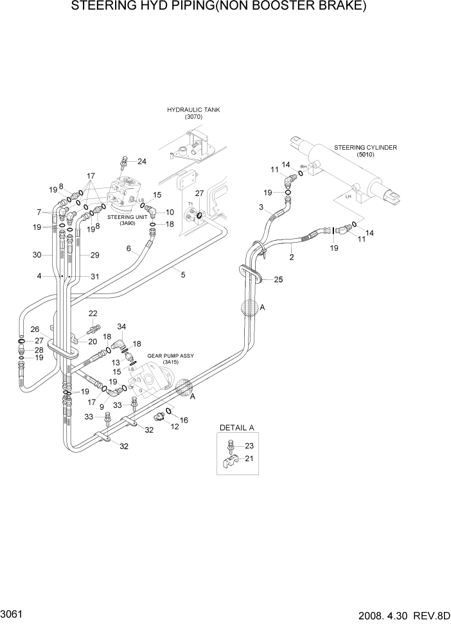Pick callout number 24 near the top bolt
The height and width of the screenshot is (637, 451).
point(142,161)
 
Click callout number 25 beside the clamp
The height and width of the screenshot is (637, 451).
point(278,279)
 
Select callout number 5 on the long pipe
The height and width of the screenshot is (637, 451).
point(183,275)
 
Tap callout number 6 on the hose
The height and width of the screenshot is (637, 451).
point(128,249)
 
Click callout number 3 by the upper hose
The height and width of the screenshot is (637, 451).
point(261,207)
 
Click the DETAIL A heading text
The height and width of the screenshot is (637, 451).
point(237,428)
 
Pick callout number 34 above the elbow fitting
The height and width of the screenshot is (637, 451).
point(122,326)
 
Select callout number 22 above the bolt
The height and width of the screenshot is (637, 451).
point(93,313)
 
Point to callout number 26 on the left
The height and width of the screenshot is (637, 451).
point(35,329)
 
